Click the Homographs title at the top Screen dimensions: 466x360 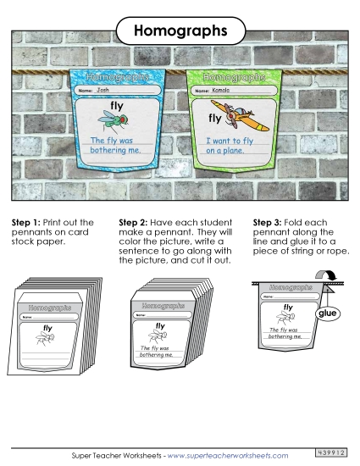click(180, 31)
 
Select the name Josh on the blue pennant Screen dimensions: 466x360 click(103, 89)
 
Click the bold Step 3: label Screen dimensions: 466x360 click(269, 222)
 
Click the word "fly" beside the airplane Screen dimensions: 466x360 click(214, 119)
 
